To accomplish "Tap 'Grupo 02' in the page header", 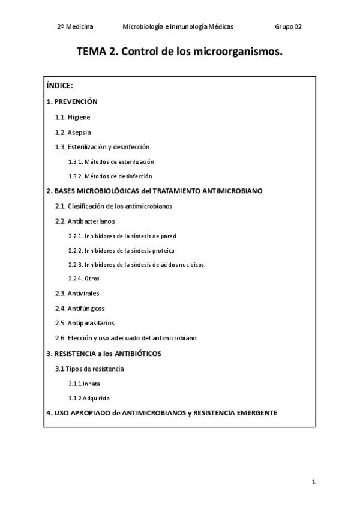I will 289,27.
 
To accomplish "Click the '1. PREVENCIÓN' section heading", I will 72,102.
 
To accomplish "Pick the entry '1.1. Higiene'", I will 73,118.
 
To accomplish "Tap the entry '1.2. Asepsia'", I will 73,132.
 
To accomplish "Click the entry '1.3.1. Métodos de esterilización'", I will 111,162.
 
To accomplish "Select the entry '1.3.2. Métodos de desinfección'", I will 110,176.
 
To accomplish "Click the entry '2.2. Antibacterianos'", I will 85,221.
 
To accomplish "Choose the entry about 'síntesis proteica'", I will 122,250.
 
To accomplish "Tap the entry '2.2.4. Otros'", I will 84,279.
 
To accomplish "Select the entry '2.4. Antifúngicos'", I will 80,309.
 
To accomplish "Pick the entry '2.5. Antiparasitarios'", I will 85,323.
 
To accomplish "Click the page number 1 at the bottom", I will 314,482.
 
